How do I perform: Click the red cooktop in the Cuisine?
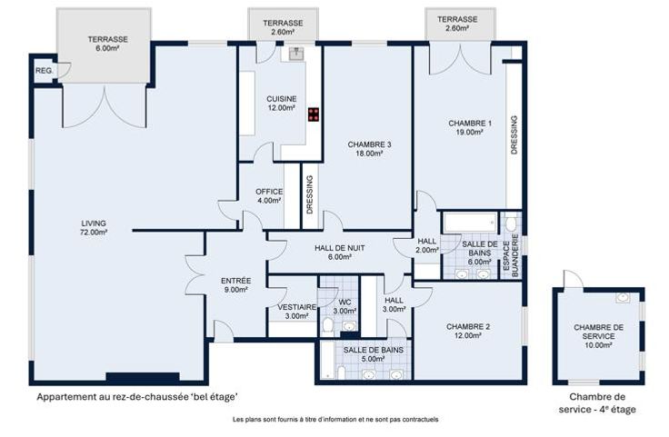coord(314,114)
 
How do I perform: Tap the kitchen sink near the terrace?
coord(295,54)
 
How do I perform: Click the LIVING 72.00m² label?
coord(94,228)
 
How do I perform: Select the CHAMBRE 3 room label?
coord(369,149)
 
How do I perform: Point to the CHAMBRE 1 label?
coord(470,127)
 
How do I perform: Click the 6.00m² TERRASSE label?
coord(108,44)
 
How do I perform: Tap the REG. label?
coord(44,70)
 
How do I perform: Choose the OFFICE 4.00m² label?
coord(269,196)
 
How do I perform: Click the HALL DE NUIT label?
coord(340,248)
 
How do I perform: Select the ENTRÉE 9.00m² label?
coord(236,285)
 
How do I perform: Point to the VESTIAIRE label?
coord(297,307)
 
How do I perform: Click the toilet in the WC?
coord(327,326)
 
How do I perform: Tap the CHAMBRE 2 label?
coord(468,332)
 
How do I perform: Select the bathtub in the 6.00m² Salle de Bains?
coord(470,223)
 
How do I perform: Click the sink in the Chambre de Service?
coord(623,298)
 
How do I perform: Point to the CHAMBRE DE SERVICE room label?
coord(598,336)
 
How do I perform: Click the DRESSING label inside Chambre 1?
coord(514,134)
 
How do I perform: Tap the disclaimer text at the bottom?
coord(335,419)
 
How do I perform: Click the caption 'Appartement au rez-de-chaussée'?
coord(113,397)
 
